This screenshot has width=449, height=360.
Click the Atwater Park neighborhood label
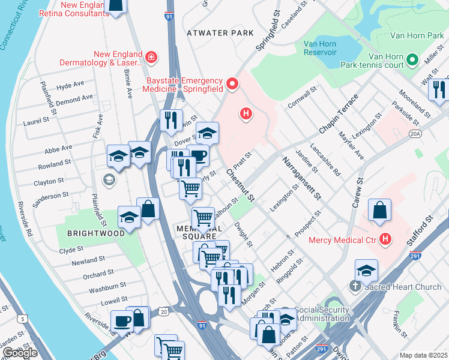220,33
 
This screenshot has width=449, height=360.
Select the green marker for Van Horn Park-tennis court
412,60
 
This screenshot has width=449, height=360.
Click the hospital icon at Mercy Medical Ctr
385,241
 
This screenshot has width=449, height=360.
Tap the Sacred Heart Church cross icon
358,287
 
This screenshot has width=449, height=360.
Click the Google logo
20,352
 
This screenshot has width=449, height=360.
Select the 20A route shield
416,136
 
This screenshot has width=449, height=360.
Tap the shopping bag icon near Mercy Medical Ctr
379,211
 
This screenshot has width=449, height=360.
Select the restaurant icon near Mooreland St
439,90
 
